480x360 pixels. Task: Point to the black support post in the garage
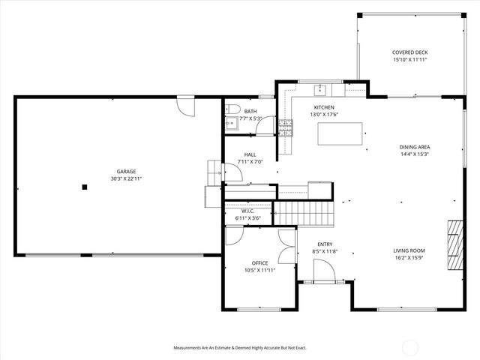coord(85,187)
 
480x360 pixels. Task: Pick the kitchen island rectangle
coord(340,134)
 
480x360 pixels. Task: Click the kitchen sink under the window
coord(320,89)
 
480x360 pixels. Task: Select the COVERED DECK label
coord(410,52)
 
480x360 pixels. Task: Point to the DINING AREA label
coord(415,147)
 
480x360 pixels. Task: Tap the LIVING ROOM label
coord(409,250)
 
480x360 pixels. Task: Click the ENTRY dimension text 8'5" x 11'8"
coord(325,251)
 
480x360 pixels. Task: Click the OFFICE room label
coord(259,262)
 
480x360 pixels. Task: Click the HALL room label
coord(250,154)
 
